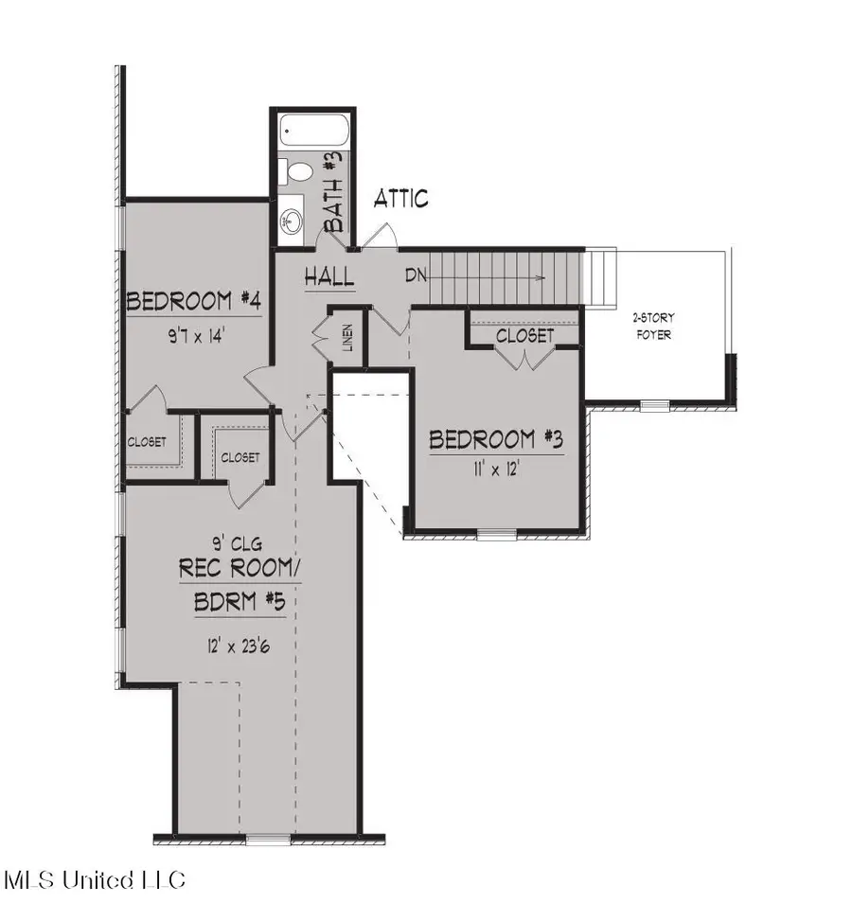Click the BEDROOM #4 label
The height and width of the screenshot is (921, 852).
point(194,302)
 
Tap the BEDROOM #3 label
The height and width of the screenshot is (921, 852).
point(497,440)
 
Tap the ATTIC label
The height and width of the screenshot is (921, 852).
point(400,199)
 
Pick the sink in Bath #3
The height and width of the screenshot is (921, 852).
point(290,221)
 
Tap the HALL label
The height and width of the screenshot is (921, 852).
point(329,277)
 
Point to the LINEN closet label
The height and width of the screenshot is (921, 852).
point(348,337)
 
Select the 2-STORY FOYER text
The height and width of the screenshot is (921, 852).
point(653,326)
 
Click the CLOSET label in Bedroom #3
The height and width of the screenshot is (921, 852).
point(524,335)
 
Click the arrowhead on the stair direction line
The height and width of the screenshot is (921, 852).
point(539,277)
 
